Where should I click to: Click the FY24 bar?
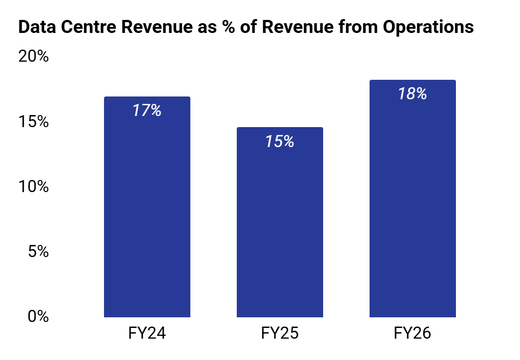tap(147, 207)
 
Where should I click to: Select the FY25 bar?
tap(279, 222)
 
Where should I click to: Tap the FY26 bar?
tap(413, 199)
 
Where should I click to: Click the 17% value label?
tap(147, 110)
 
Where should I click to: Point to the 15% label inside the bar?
tap(279, 141)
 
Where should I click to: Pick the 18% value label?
tap(413, 94)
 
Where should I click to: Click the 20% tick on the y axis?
tap(33, 56)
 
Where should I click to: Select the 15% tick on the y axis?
tap(33, 122)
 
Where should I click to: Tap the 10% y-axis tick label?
tap(33, 186)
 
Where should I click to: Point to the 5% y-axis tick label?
tap(38, 251)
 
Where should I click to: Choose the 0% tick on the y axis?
tap(38, 316)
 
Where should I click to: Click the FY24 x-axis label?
tap(147, 333)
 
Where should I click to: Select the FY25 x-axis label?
tap(279, 333)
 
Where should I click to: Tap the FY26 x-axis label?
tap(413, 333)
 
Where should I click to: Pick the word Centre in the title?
tap(89, 26)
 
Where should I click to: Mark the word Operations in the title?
tap(428, 27)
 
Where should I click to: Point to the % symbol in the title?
tap(228, 26)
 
